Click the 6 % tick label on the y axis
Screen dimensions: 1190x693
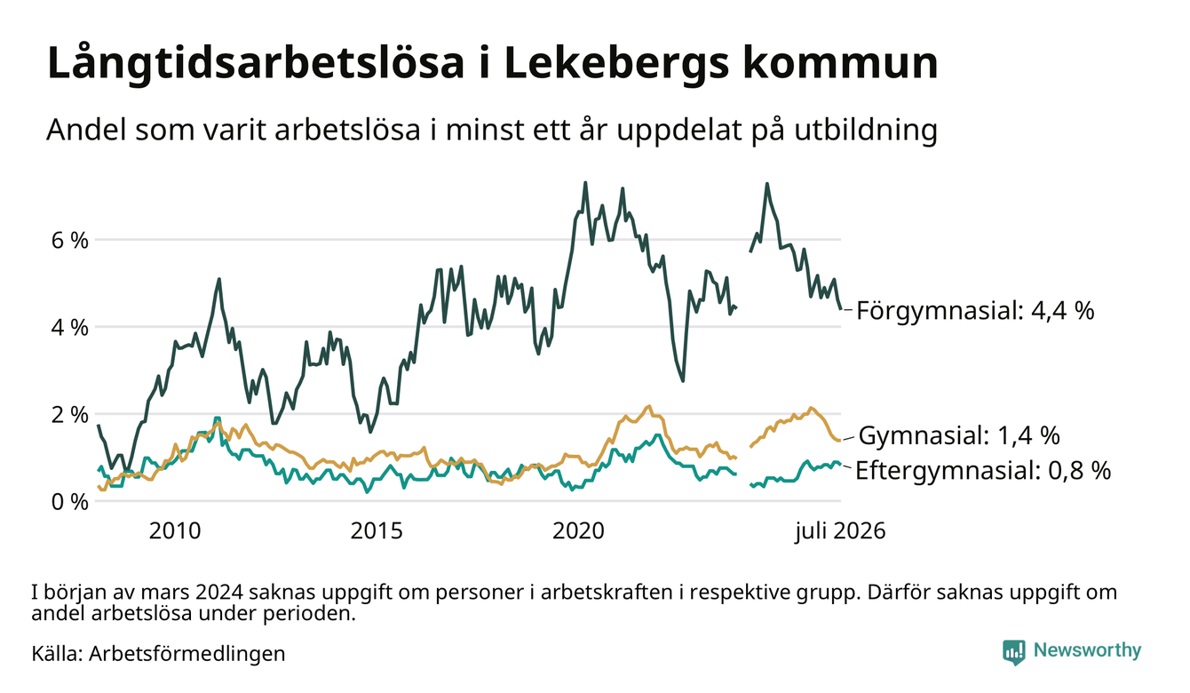pyautogui.click(x=69, y=241)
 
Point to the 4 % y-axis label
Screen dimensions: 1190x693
pyautogui.click(x=69, y=328)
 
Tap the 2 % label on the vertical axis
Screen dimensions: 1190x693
pyautogui.click(x=69, y=415)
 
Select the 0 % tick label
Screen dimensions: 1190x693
pyautogui.click(x=69, y=502)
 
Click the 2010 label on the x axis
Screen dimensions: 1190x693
pyautogui.click(x=175, y=531)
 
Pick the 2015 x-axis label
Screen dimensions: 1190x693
pyautogui.click(x=377, y=531)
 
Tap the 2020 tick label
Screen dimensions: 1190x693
pyautogui.click(x=578, y=531)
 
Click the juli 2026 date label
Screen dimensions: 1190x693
pyautogui.click(x=840, y=531)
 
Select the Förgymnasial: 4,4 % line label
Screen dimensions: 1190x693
pyautogui.click(x=975, y=310)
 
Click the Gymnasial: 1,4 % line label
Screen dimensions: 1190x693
pyautogui.click(x=959, y=435)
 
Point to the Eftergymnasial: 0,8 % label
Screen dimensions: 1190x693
pyautogui.click(x=983, y=471)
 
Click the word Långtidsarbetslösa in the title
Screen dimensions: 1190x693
pyautogui.click(x=256, y=64)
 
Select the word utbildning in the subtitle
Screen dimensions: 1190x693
pyautogui.click(x=866, y=131)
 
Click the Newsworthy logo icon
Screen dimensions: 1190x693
pyautogui.click(x=1014, y=652)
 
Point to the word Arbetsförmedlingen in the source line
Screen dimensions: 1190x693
pyautogui.click(x=187, y=654)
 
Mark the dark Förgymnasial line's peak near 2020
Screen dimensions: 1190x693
pyautogui.click(x=585, y=183)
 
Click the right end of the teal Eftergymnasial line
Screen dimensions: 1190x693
pyautogui.click(x=840, y=465)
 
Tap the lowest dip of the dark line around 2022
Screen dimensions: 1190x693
pyautogui.click(x=683, y=380)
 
